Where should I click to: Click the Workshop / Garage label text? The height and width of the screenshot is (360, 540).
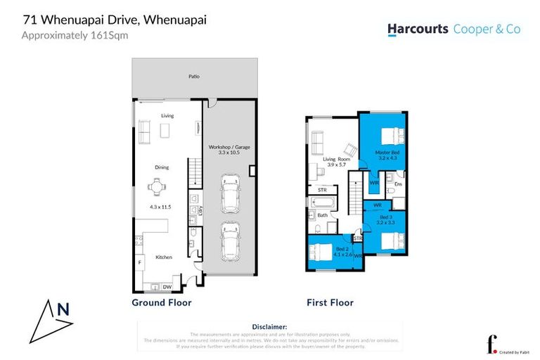[229, 147]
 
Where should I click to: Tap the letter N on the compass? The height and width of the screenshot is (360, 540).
[63, 308]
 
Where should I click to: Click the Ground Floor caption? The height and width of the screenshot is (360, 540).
[162, 303]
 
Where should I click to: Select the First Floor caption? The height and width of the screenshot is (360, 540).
[330, 303]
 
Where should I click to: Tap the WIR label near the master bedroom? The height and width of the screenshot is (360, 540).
[374, 184]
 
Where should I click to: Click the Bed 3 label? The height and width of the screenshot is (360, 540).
[386, 218]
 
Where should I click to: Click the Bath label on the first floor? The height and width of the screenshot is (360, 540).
[322, 215]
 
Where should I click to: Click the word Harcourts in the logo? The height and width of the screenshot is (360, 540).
[419, 30]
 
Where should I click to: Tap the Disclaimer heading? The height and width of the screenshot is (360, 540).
[269, 327]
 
